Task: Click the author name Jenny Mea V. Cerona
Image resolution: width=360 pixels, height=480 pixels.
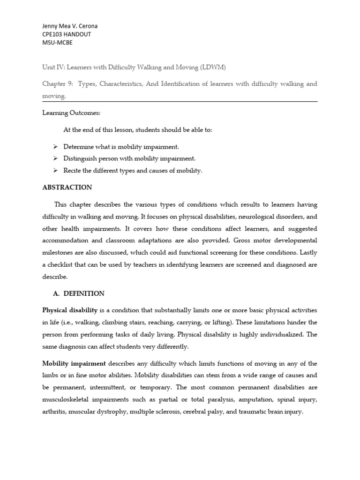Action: pyautogui.click(x=70, y=26)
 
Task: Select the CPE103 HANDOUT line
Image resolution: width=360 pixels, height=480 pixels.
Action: pyautogui.click(x=67, y=34)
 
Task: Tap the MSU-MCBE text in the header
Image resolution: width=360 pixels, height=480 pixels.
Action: pyautogui.click(x=58, y=43)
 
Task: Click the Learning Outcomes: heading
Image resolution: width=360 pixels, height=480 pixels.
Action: pyautogui.click(x=71, y=113)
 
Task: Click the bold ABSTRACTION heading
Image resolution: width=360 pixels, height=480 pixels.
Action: pyautogui.click(x=67, y=187)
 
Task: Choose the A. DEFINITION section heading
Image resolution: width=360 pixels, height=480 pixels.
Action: pyautogui.click(x=79, y=293)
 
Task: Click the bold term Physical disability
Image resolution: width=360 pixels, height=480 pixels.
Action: pyautogui.click(x=70, y=310)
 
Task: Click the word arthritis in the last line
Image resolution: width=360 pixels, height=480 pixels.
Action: pyautogui.click(x=54, y=412)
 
